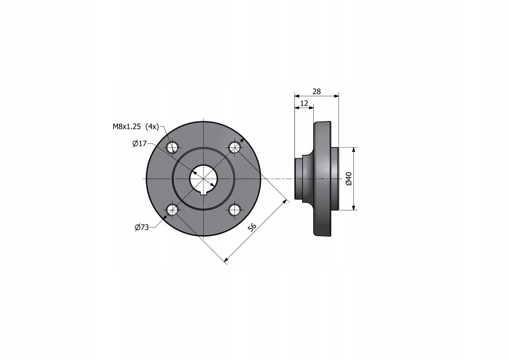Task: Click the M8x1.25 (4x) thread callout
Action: click(x=136, y=127)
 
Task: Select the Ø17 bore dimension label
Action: click(x=140, y=144)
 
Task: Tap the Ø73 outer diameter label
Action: click(x=142, y=227)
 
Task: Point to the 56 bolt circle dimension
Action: click(x=253, y=227)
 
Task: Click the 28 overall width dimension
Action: click(x=317, y=91)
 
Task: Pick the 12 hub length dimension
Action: click(x=304, y=103)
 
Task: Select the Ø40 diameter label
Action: click(x=349, y=179)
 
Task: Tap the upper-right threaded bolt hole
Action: click(x=234, y=148)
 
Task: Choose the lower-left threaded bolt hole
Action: click(x=172, y=210)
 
